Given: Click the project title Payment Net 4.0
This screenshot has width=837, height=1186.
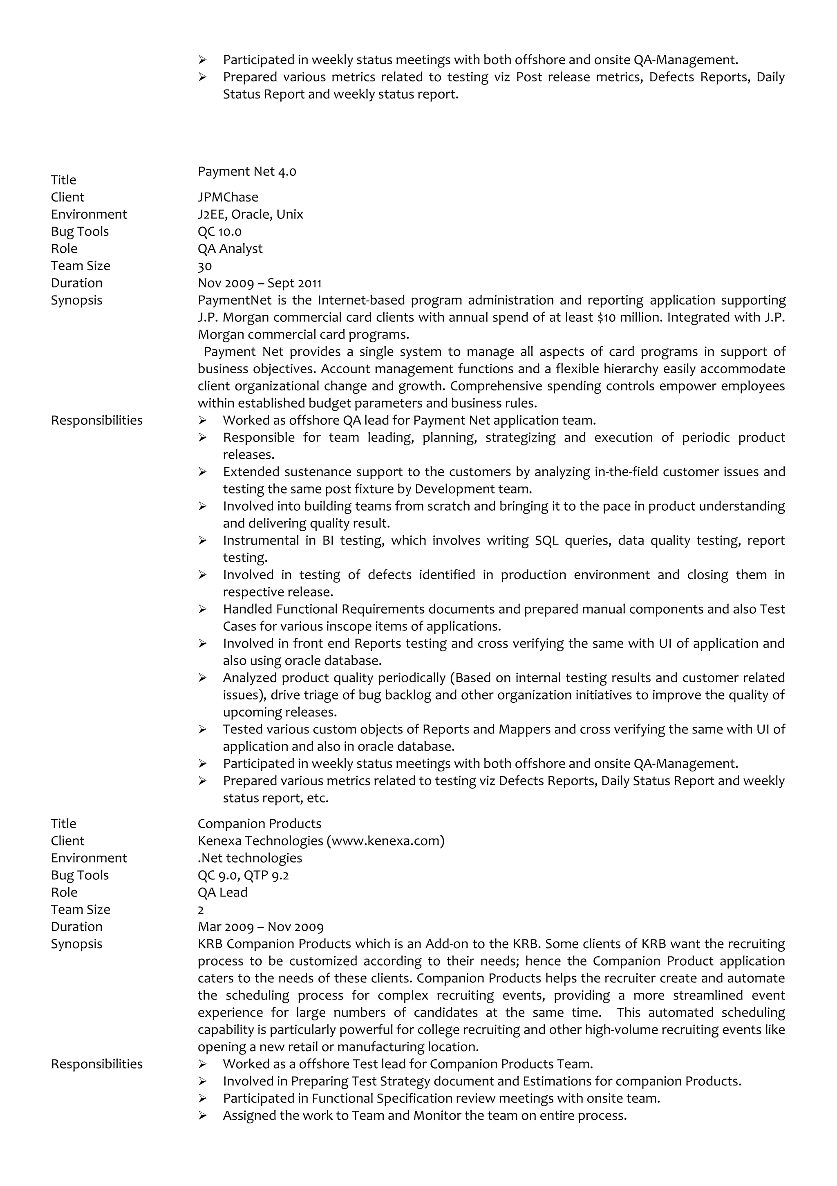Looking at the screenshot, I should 247,171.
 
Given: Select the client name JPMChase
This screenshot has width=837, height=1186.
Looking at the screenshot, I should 228,197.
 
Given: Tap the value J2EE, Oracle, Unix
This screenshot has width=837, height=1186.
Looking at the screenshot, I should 251,214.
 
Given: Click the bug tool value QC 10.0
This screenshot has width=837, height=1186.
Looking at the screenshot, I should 219,231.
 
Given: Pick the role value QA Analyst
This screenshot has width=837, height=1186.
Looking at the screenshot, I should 230,249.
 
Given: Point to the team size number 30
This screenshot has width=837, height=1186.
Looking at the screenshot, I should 204,266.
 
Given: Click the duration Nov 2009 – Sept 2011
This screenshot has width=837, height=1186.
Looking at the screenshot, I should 259,283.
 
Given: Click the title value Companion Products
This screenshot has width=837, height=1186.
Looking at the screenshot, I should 259,823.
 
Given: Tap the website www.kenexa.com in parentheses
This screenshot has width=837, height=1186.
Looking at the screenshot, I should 385,841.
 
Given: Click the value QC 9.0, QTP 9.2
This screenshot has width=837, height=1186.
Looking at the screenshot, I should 243,875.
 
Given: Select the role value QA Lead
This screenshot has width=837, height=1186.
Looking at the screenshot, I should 223,892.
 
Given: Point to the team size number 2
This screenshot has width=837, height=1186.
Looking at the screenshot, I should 201,910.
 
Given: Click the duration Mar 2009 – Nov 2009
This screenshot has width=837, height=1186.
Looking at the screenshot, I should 260,927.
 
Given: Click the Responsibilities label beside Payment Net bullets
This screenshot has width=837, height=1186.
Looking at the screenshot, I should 96,420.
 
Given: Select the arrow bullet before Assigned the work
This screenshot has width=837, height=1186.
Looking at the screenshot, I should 202,1116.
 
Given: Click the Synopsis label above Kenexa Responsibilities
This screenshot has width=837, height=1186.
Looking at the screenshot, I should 76,944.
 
